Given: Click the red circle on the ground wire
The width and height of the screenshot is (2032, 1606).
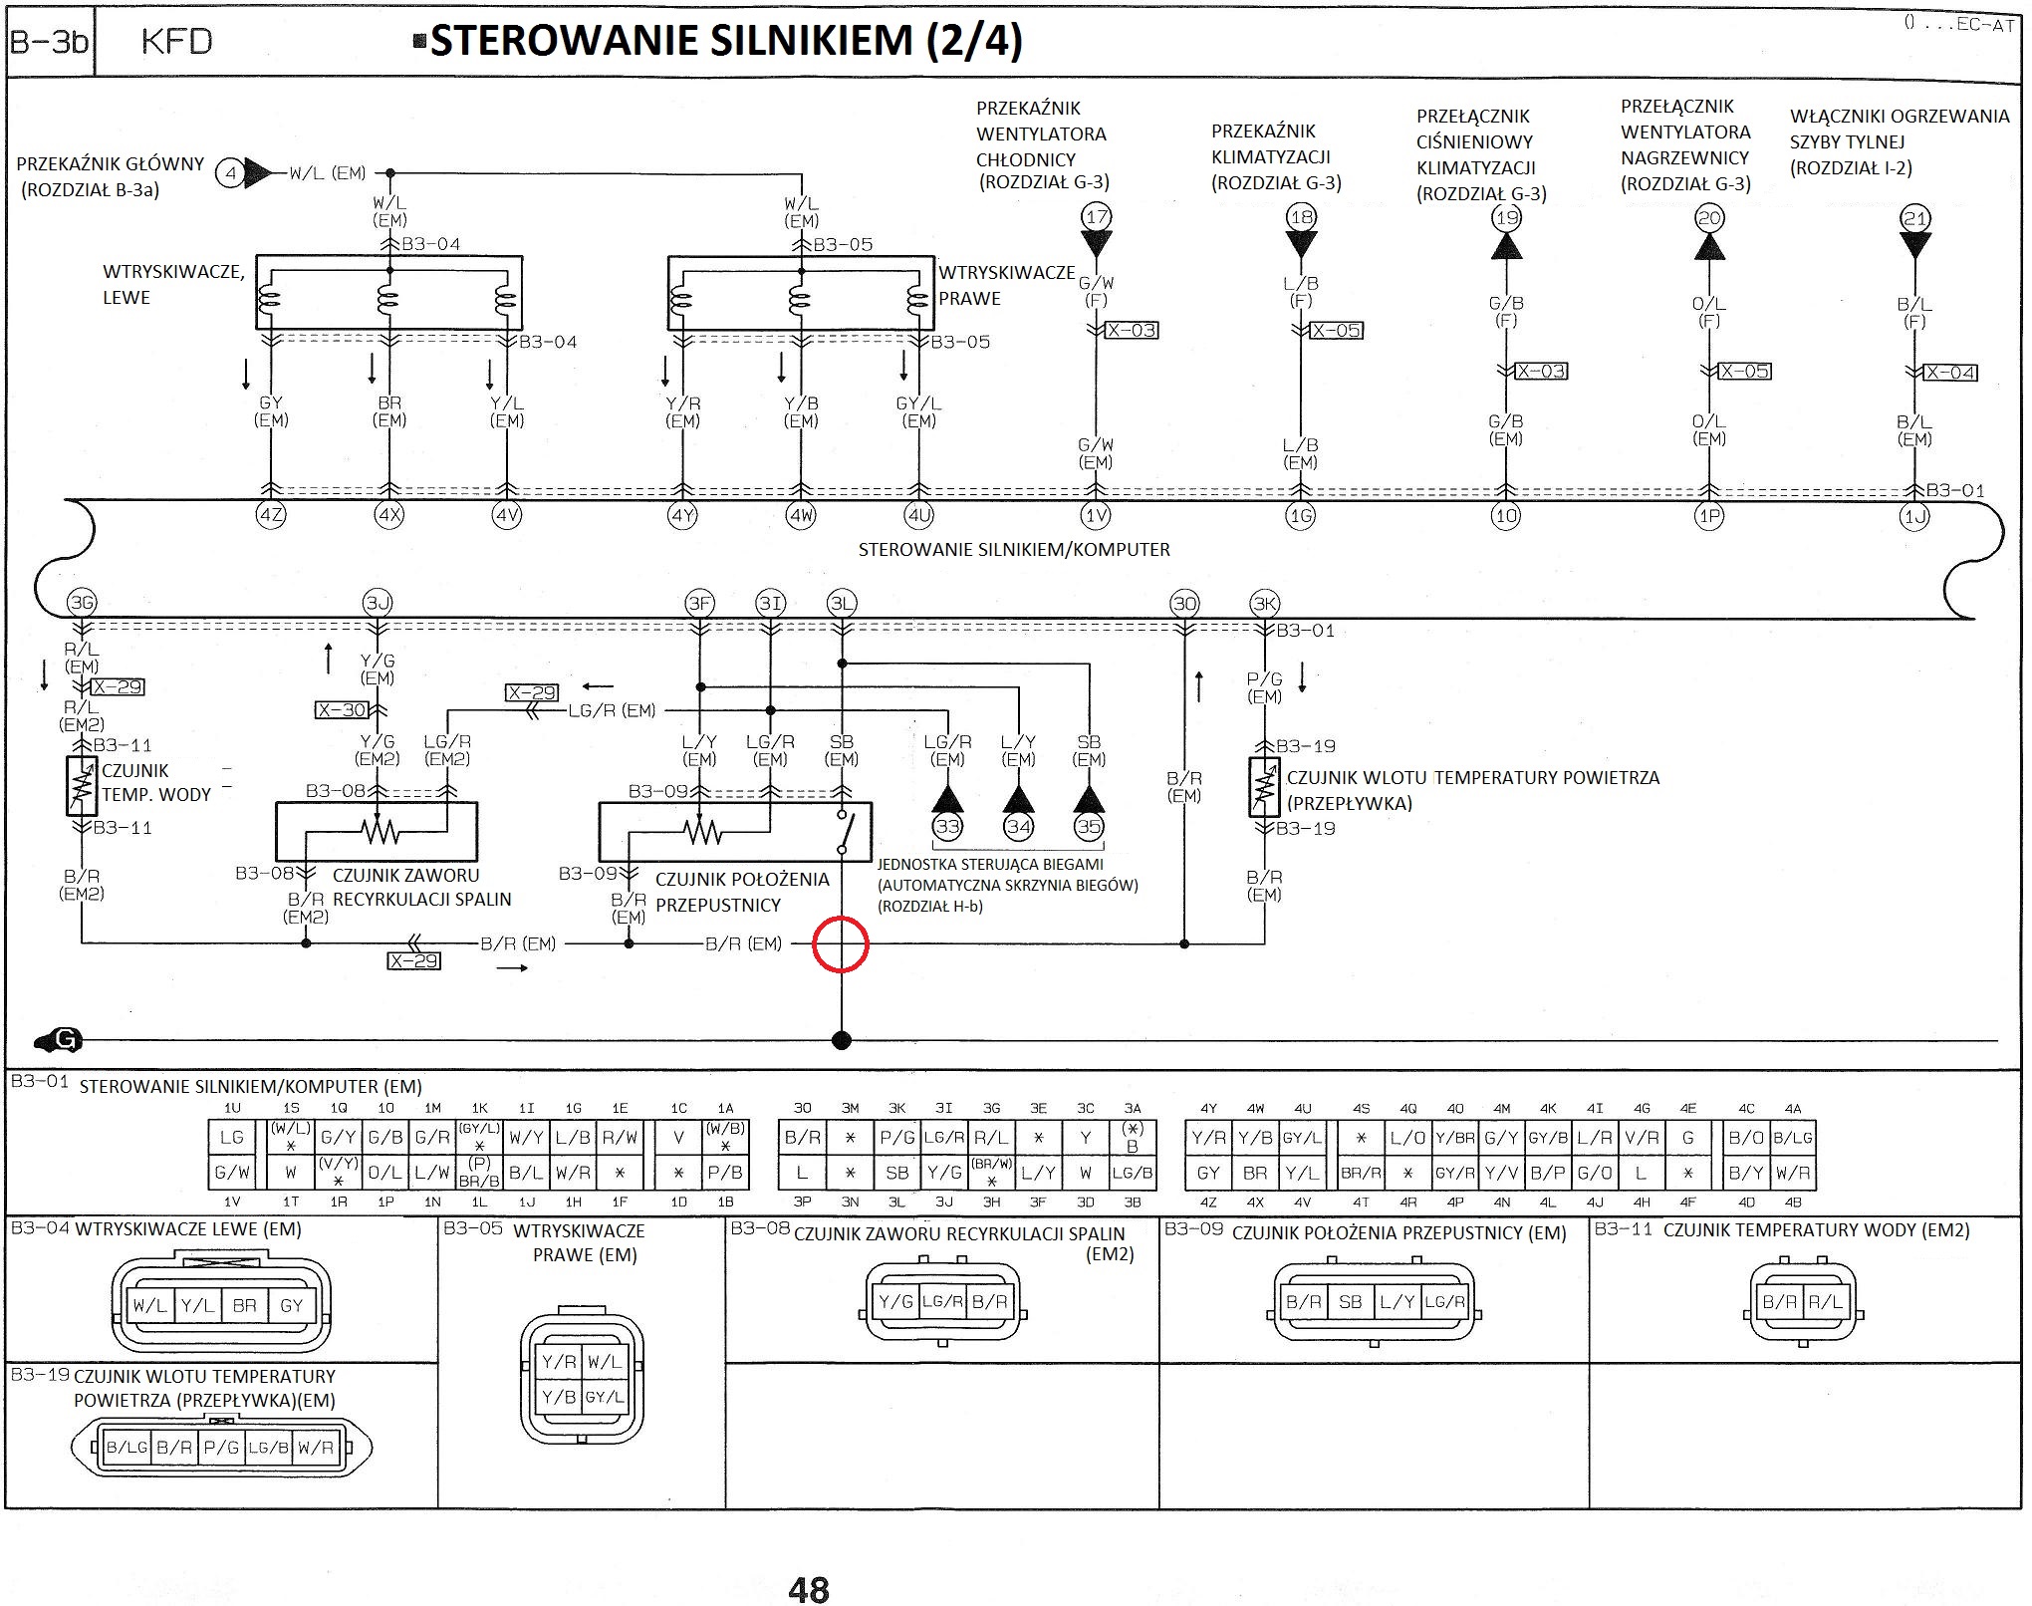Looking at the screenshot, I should tap(842, 943).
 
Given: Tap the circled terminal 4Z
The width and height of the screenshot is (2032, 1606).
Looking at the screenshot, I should tap(271, 516).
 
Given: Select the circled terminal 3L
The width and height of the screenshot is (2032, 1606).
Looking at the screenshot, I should tap(842, 603).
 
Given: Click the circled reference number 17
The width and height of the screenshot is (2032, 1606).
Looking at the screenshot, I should tap(1097, 217).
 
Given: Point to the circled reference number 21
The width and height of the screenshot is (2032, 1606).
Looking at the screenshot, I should tap(1915, 218).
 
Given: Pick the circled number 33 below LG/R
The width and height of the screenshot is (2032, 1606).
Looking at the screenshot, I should tap(947, 826).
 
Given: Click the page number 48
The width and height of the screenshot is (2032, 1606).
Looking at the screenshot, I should tap(808, 1590).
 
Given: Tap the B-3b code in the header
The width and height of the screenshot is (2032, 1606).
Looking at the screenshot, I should tap(49, 42).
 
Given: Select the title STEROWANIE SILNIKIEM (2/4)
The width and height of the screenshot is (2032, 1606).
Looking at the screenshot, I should tap(725, 41).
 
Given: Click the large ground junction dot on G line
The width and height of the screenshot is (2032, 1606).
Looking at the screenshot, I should tap(842, 1041).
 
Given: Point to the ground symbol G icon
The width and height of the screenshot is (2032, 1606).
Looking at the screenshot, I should tap(59, 1041).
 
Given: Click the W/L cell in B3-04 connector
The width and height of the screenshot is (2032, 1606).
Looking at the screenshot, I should tap(150, 1305).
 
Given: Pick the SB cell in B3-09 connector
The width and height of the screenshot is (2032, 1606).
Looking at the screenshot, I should tap(1350, 1302).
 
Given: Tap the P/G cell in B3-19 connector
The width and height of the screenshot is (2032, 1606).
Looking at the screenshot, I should tap(221, 1448).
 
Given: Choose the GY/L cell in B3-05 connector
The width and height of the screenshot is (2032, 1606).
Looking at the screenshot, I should tap(604, 1398).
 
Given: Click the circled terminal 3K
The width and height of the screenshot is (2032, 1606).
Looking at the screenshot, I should tap(1264, 603).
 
